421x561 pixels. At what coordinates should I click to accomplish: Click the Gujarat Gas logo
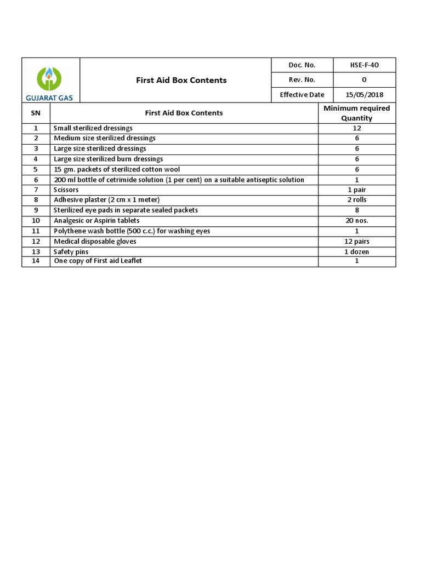tap(50, 82)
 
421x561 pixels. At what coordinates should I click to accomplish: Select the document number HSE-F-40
tap(364, 65)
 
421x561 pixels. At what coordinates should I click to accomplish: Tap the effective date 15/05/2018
tap(364, 95)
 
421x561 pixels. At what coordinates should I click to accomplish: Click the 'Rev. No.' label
tap(302, 80)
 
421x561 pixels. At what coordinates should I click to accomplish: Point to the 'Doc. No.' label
tap(302, 65)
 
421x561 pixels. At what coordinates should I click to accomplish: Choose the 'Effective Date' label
tap(302, 95)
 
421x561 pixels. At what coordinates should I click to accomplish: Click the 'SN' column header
tap(36, 113)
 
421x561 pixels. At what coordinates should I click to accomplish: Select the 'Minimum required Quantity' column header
tap(356, 113)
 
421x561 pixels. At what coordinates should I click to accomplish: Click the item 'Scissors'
tap(66, 190)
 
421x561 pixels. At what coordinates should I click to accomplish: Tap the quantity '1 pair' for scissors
tap(356, 190)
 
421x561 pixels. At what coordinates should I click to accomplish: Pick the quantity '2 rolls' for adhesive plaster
tap(356, 200)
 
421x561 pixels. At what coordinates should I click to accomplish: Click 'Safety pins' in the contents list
tap(71, 251)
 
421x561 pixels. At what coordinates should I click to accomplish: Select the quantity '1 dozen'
tap(356, 251)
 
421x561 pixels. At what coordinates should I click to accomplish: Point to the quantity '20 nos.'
tap(356, 221)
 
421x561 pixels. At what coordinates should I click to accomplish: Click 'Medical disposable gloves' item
tap(95, 241)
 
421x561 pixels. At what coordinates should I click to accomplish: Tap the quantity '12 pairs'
tap(356, 241)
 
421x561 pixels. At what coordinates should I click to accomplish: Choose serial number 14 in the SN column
tap(36, 261)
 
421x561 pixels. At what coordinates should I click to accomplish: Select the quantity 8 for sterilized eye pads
tap(356, 210)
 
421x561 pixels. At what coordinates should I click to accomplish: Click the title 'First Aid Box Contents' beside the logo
tap(181, 80)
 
